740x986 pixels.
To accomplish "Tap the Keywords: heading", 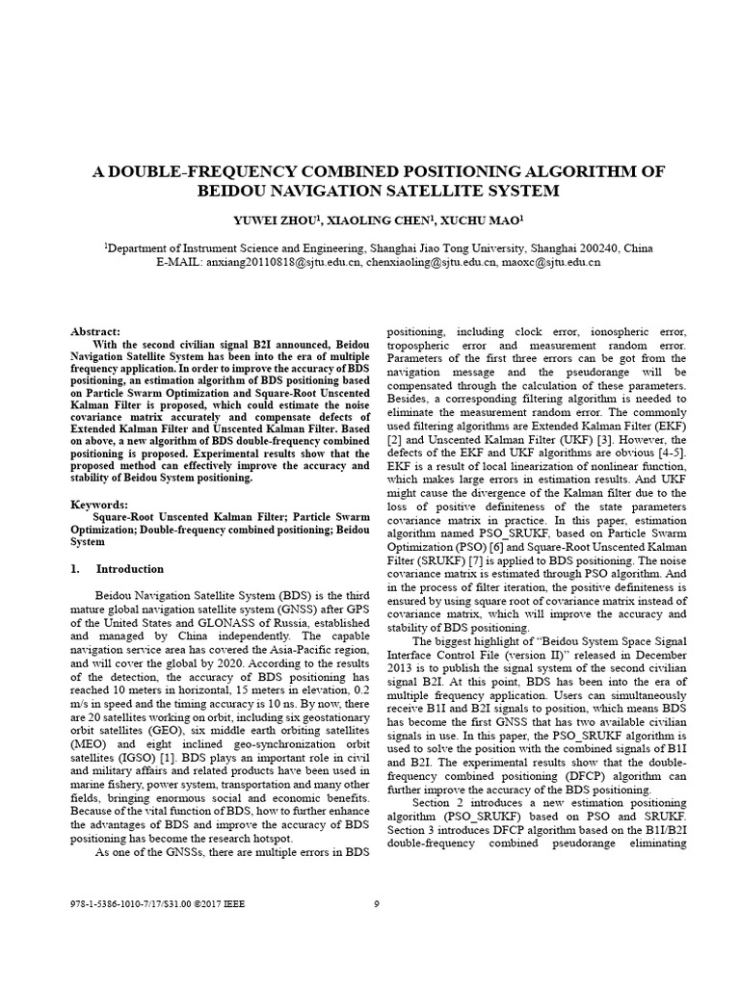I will coord(99,504).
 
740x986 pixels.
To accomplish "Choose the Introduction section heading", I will coord(130,569).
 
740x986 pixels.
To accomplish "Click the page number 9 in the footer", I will coord(377,903).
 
